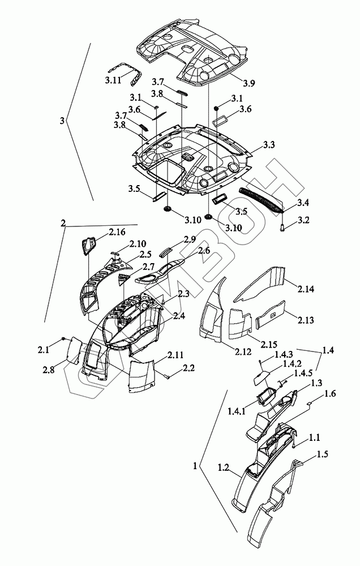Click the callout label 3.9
(248, 83)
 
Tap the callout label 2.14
(305, 289)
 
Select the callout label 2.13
(306, 320)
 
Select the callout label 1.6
(331, 393)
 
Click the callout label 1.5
(323, 454)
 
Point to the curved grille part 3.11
(135, 73)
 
